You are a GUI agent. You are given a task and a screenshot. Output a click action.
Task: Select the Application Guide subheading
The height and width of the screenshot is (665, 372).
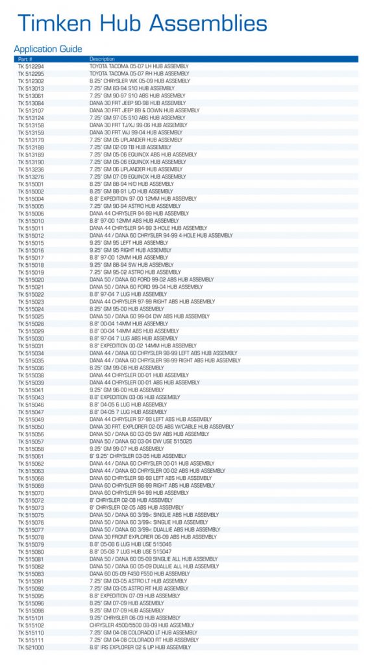[48, 49]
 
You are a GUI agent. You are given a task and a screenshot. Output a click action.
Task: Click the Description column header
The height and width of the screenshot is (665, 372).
[102, 59]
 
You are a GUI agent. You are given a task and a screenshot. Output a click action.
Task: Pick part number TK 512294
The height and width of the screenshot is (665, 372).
[31, 66]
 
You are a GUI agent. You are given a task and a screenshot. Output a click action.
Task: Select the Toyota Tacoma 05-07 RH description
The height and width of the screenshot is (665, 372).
[140, 74]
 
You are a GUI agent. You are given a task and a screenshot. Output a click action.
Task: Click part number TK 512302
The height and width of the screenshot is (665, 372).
[31, 81]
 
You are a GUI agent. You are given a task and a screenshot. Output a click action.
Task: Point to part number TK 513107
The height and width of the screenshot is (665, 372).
[31, 110]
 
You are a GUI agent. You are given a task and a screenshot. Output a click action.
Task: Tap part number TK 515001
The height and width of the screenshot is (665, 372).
[31, 184]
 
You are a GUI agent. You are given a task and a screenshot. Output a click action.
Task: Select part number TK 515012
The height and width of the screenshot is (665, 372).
[31, 235]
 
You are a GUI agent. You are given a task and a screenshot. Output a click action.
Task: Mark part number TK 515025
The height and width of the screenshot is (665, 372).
[31, 316]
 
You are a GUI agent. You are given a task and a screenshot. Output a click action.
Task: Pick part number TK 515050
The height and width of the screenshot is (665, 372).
[31, 427]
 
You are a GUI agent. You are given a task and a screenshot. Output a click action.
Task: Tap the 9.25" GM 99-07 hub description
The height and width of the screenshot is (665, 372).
[127, 449]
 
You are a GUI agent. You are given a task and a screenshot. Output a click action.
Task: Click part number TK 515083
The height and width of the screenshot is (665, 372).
[31, 574]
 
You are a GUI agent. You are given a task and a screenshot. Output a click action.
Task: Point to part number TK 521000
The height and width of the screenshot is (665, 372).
[31, 647]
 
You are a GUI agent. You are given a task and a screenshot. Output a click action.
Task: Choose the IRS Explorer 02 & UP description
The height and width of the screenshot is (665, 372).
[140, 647]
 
